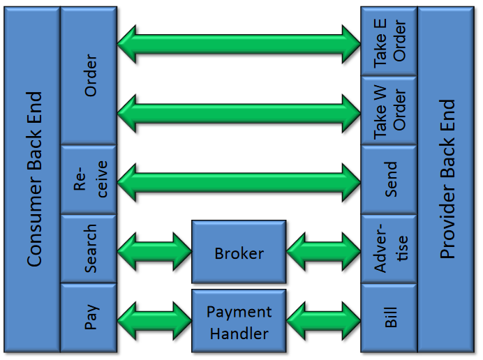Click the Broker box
(x=239, y=252)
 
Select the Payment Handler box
(x=239, y=321)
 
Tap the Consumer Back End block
(x=32, y=180)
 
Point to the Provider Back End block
(x=447, y=180)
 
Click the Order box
(x=89, y=75)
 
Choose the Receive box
(x=89, y=180)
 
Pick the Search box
(x=89, y=249)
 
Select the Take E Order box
(x=389, y=42)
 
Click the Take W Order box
(x=389, y=111)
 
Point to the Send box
(x=389, y=180)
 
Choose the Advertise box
(x=389, y=249)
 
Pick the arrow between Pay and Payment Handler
(x=154, y=320)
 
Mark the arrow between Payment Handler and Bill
(x=323, y=320)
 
